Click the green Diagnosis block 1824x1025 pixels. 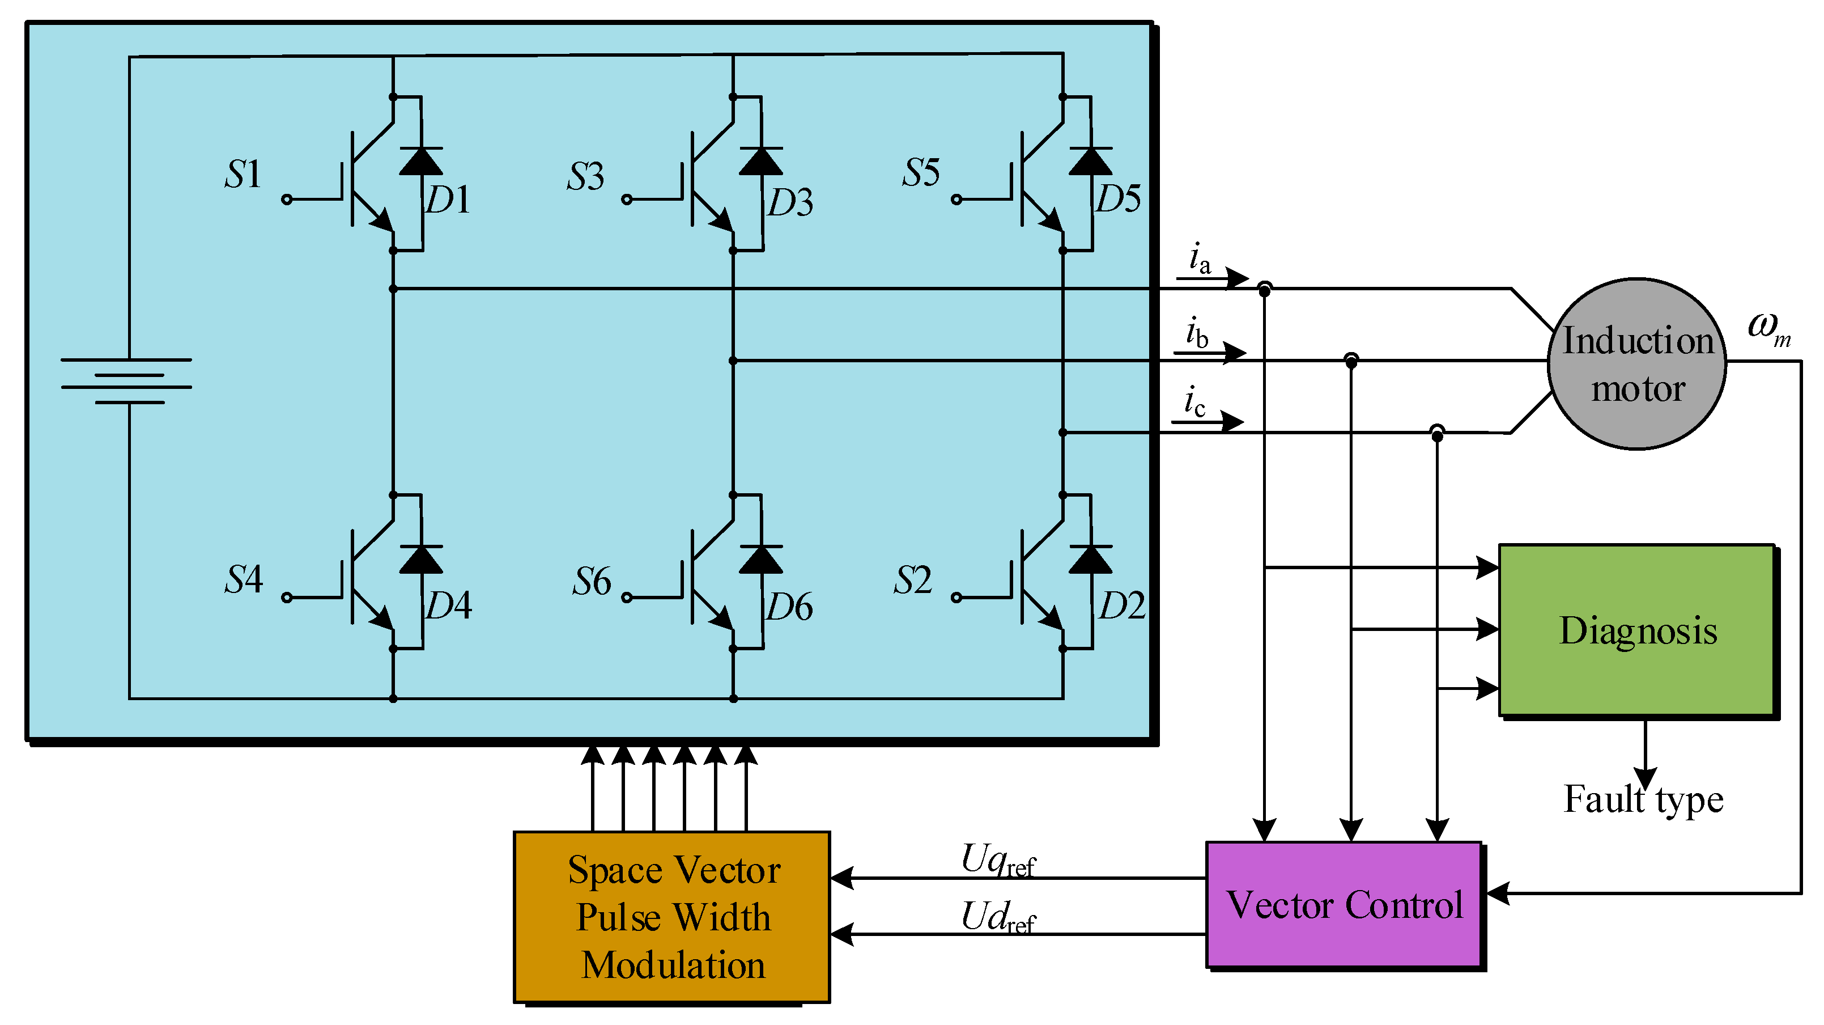(x=1636, y=630)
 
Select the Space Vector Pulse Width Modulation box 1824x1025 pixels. (x=671, y=917)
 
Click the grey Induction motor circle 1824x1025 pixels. (x=1636, y=364)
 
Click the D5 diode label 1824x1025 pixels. (x=1118, y=198)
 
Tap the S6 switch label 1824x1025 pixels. (x=591, y=581)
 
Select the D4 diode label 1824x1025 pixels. (x=448, y=605)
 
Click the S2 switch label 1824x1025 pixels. (x=912, y=580)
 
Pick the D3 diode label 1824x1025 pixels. (x=790, y=202)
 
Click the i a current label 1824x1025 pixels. (x=1199, y=259)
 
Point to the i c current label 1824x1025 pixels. (x=1194, y=401)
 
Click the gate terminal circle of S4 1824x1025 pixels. (x=287, y=597)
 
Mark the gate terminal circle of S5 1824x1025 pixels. (x=956, y=200)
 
